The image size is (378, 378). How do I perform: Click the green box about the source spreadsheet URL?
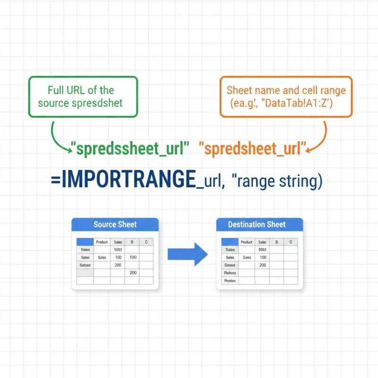(x=83, y=96)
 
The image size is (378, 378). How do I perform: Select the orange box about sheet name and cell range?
(x=286, y=96)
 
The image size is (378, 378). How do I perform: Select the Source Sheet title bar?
(x=115, y=224)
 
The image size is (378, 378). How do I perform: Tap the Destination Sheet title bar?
(x=257, y=224)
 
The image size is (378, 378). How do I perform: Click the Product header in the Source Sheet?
(x=102, y=242)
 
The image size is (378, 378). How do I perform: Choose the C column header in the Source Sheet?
(x=146, y=242)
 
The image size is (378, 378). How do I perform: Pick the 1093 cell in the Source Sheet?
(x=118, y=250)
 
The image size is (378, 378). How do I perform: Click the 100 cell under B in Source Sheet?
(x=133, y=258)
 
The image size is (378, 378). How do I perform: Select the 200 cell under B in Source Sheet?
(x=133, y=273)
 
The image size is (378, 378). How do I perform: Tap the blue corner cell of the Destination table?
(x=230, y=242)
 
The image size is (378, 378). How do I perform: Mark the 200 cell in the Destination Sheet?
(x=263, y=265)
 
